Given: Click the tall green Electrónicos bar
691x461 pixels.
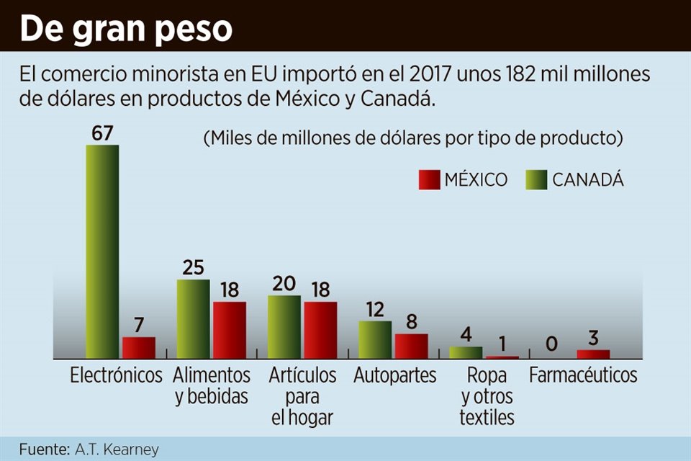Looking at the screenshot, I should (x=102, y=251).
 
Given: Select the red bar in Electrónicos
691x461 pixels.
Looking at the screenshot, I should (x=138, y=347).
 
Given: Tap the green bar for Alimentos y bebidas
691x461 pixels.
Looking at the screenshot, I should (x=193, y=318).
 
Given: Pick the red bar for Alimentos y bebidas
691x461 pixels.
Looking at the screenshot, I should (x=229, y=330).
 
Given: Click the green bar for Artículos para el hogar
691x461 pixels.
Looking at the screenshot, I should (x=284, y=326).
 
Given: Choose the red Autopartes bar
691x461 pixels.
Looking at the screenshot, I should (x=411, y=346).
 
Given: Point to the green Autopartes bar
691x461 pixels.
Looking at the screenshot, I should (x=375, y=339).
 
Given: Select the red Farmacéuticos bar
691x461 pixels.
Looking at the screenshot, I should (x=593, y=354).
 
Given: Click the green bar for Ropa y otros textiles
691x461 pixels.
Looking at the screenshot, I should (x=466, y=352).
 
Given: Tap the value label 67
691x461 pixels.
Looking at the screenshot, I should (x=103, y=133).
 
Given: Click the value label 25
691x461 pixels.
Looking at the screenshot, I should (x=193, y=267).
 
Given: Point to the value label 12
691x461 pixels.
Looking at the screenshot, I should (x=375, y=309).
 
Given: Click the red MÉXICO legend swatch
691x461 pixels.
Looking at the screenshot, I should (x=429, y=180).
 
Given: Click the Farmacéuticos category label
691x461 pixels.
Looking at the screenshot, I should (x=583, y=375).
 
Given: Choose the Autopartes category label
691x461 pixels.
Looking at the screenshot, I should (x=394, y=375).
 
